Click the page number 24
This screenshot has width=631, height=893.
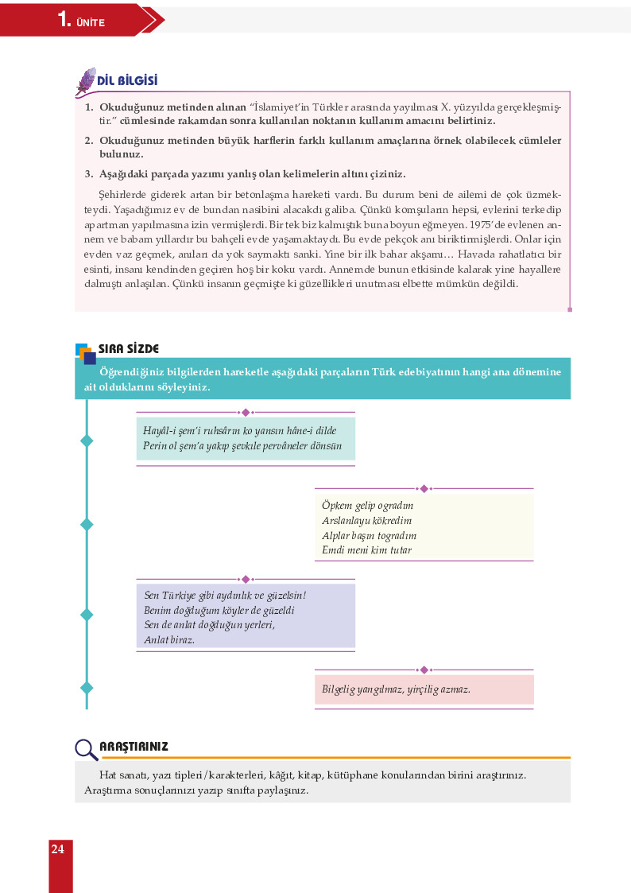click(57, 849)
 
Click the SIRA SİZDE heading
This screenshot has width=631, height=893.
click(129, 349)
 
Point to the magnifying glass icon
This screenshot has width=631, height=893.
click(86, 749)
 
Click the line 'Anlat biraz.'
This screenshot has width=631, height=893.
click(169, 639)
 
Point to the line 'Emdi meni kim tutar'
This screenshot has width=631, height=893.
click(366, 549)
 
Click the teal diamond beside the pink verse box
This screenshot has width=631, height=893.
click(87, 688)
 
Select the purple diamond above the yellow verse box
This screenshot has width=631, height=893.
click(424, 488)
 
